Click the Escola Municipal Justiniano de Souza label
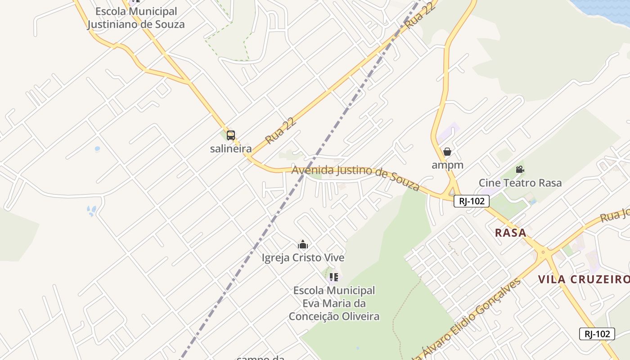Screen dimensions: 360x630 point(136,18)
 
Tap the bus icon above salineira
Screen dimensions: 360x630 point(231,135)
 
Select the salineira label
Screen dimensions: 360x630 point(231,148)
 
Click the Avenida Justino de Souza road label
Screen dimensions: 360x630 point(355,176)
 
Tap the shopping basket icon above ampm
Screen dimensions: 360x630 point(447,152)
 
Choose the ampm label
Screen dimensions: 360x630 point(447,165)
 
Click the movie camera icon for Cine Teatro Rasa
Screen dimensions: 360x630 point(520,170)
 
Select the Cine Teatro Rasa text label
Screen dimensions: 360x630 point(520,183)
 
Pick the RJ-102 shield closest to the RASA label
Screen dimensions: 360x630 point(471,201)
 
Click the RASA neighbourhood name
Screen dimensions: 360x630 point(510,233)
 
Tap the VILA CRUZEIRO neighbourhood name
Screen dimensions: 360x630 point(584,279)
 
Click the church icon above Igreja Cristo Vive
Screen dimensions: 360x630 point(303,244)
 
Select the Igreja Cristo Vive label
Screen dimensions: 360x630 point(303,258)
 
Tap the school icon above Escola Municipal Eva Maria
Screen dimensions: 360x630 point(333,277)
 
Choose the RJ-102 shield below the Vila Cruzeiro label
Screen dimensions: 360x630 point(597,333)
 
